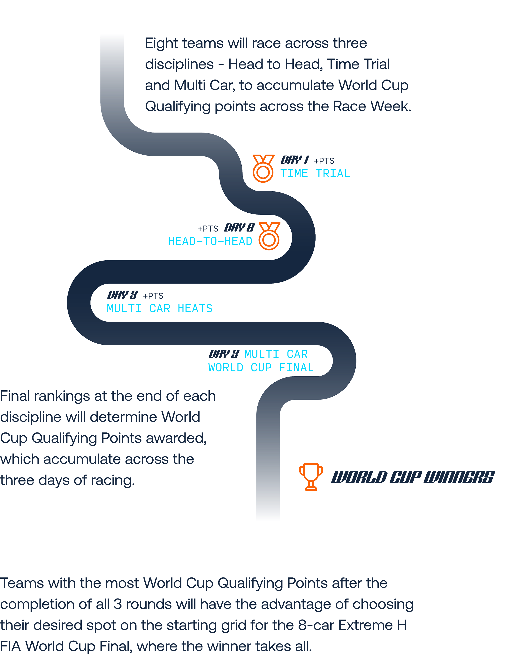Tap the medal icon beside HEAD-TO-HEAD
pyautogui.click(x=269, y=236)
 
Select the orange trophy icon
pyautogui.click(x=311, y=477)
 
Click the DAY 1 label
pyautogui.click(x=295, y=160)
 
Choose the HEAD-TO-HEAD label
pyautogui.click(x=210, y=241)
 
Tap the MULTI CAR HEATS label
pyautogui.click(x=160, y=309)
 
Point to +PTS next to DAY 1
pyautogui.click(x=324, y=161)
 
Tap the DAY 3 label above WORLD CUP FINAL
pyautogui.click(x=224, y=354)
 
